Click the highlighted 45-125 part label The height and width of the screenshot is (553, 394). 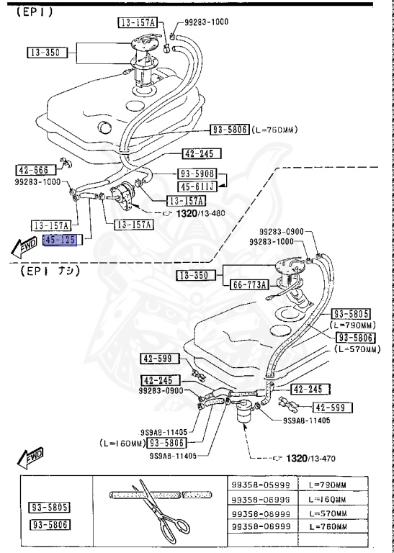(60, 240)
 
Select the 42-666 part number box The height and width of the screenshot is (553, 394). (36, 171)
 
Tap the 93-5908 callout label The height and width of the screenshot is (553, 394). (197, 174)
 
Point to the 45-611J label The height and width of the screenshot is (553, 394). (197, 186)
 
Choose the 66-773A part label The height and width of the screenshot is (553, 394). (249, 284)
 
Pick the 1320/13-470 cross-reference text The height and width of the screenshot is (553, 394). (310, 459)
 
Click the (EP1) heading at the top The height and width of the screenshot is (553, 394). (35, 13)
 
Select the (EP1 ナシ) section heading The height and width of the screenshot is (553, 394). (50, 271)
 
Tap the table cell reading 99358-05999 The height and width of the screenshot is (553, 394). (261, 485)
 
